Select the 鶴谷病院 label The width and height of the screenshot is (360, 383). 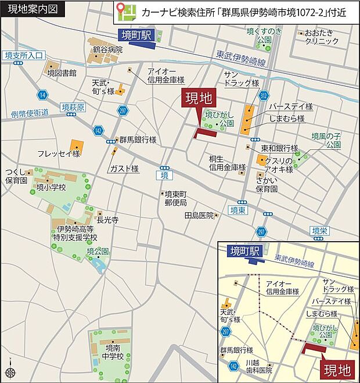coord(107,50)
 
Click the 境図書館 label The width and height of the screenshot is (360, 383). coord(62,73)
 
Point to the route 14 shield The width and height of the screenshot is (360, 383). coord(42,94)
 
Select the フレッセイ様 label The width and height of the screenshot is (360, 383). coord(59,153)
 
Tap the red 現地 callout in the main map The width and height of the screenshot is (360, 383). coord(198,98)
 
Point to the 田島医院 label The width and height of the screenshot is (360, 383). coord(199,215)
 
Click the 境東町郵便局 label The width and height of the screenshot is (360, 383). coord(175,198)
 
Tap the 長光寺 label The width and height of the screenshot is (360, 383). coord(107,220)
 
